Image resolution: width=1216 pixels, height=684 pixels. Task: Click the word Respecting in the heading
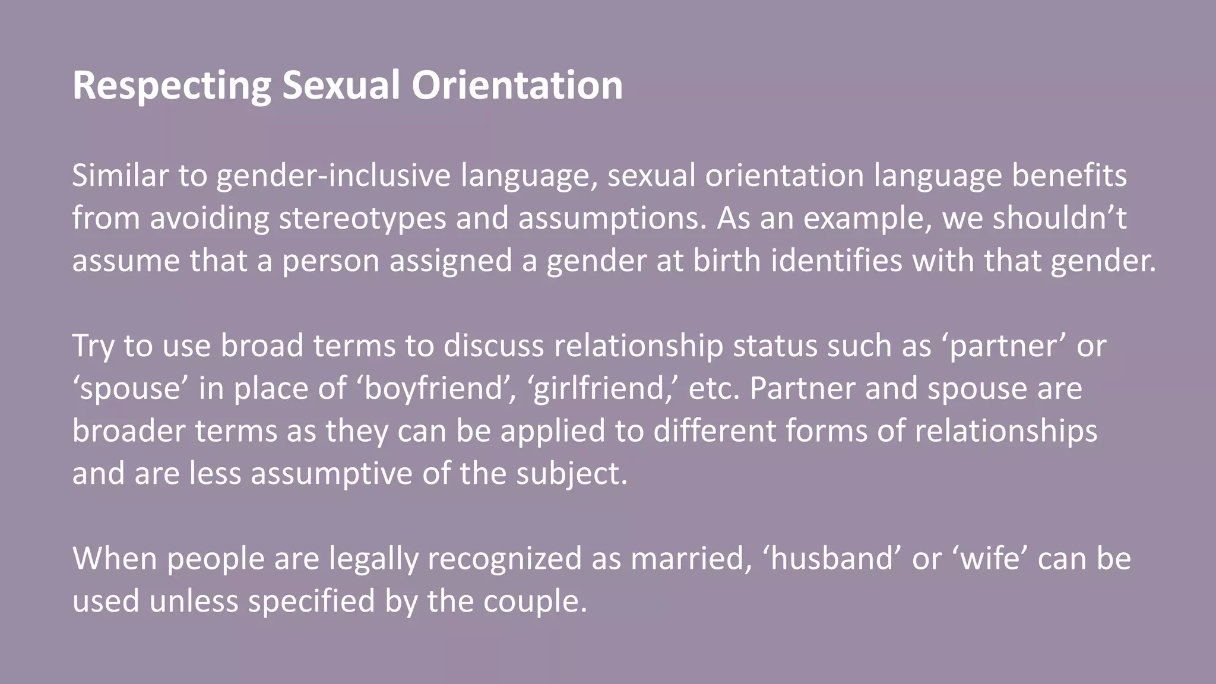(172, 85)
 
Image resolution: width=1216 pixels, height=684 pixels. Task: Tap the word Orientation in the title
(517, 85)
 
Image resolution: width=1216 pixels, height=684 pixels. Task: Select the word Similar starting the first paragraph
(120, 176)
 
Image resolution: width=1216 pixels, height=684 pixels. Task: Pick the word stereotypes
(362, 218)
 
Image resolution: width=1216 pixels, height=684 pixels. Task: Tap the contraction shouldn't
(1059, 218)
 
